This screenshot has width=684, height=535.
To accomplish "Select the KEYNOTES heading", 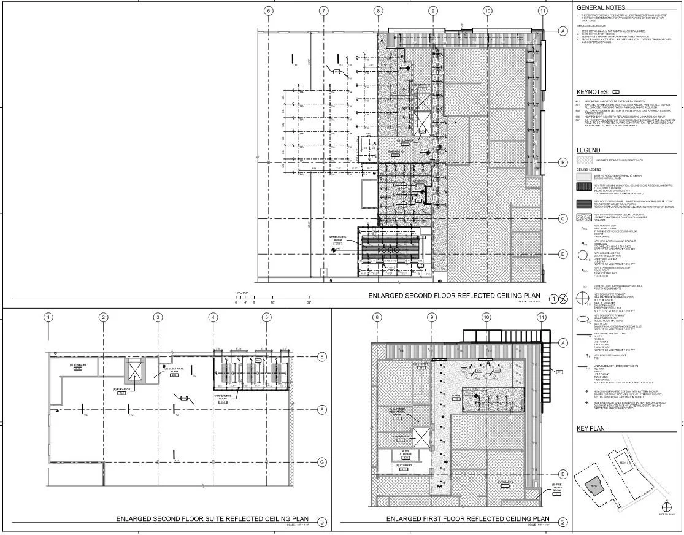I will [x=593, y=92].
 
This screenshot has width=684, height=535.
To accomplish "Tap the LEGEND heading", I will [x=588, y=150].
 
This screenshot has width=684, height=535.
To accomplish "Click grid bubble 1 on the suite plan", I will [x=48, y=317].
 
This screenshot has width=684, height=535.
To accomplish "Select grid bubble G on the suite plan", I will [x=321, y=463].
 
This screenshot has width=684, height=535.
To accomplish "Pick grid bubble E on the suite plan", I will [x=321, y=356].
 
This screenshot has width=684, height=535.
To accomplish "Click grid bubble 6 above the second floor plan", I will [x=268, y=11].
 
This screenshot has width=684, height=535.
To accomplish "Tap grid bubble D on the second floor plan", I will [x=562, y=253].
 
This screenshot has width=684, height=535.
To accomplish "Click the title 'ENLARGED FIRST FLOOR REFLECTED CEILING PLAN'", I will [x=467, y=519].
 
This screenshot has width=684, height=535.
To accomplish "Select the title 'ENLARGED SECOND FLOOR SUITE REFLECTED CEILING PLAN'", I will [x=212, y=519].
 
